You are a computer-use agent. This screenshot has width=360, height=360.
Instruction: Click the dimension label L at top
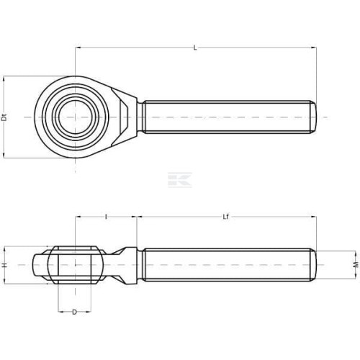coord(195,48)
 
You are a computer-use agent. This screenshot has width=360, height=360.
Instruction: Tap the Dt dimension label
coord(4,117)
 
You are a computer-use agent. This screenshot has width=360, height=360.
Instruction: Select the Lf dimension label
coord(225,217)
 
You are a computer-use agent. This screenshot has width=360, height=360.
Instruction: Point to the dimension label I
coord(106,217)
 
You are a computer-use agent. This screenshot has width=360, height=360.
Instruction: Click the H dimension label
coord(4,265)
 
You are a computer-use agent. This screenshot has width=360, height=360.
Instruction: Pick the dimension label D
coord(75,312)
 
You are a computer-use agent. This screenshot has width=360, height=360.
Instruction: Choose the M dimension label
coord(356,265)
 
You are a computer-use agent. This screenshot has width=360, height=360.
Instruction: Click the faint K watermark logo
coord(180,179)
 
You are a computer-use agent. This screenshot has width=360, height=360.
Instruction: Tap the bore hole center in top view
coord(76,117)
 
